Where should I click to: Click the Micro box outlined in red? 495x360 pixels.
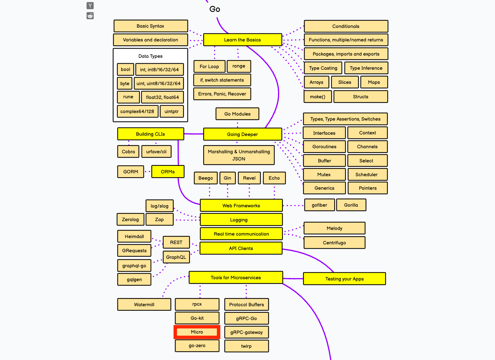click(197, 332)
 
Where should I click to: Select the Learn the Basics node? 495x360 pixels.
click(242, 40)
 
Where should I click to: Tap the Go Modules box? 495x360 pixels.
click(237, 114)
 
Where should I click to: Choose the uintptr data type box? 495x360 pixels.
click(171, 112)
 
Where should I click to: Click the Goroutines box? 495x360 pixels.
click(324, 147)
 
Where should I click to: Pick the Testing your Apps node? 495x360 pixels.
click(344, 279)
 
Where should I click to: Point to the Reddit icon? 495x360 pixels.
click(90, 16)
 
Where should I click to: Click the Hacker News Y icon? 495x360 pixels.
click(90, 6)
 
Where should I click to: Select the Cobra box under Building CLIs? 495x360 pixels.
click(128, 152)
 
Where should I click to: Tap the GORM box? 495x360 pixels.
click(131, 172)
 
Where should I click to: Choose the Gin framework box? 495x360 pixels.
click(227, 178)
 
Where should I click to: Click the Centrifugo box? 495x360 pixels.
click(334, 243)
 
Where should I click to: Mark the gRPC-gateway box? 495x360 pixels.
click(247, 332)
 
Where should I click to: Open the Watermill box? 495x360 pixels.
click(144, 305)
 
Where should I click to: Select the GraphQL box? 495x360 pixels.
click(176, 257)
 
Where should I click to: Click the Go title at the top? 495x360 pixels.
click(215, 9)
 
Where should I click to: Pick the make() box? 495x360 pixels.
click(318, 97)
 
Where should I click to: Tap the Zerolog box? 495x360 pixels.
click(130, 220)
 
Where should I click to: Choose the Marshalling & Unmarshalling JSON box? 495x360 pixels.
click(239, 155)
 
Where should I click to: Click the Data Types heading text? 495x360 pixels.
click(150, 56)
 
